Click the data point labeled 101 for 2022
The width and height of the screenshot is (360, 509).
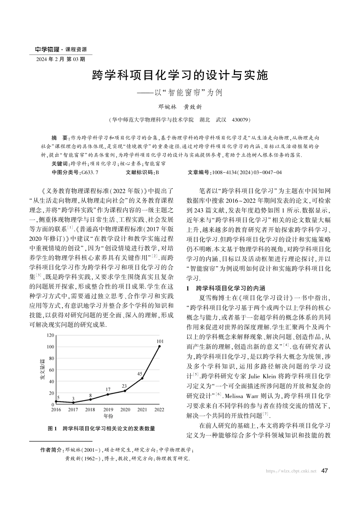pyautogui.click(x=160, y=346)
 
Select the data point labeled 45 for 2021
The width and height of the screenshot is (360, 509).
pyautogui.click(x=142, y=378)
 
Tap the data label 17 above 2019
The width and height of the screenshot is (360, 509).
pyautogui.click(x=108, y=389)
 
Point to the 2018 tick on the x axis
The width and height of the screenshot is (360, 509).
pyautogui.click(x=90, y=410)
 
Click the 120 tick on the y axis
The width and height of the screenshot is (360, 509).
pyautogui.click(x=50, y=336)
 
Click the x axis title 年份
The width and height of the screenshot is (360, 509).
pyautogui.click(x=108, y=416)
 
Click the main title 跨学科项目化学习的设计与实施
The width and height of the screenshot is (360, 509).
pyautogui.click(x=180, y=76)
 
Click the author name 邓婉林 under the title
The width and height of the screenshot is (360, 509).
pyautogui.click(x=165, y=108)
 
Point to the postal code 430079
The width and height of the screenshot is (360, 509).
pyautogui.click(x=240, y=120)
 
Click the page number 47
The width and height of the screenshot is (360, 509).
pyautogui.click(x=324, y=471)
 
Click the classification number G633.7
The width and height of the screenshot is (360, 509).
pyautogui.click(x=90, y=172)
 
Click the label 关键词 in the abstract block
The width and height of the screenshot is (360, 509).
pyautogui.click(x=59, y=164)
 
